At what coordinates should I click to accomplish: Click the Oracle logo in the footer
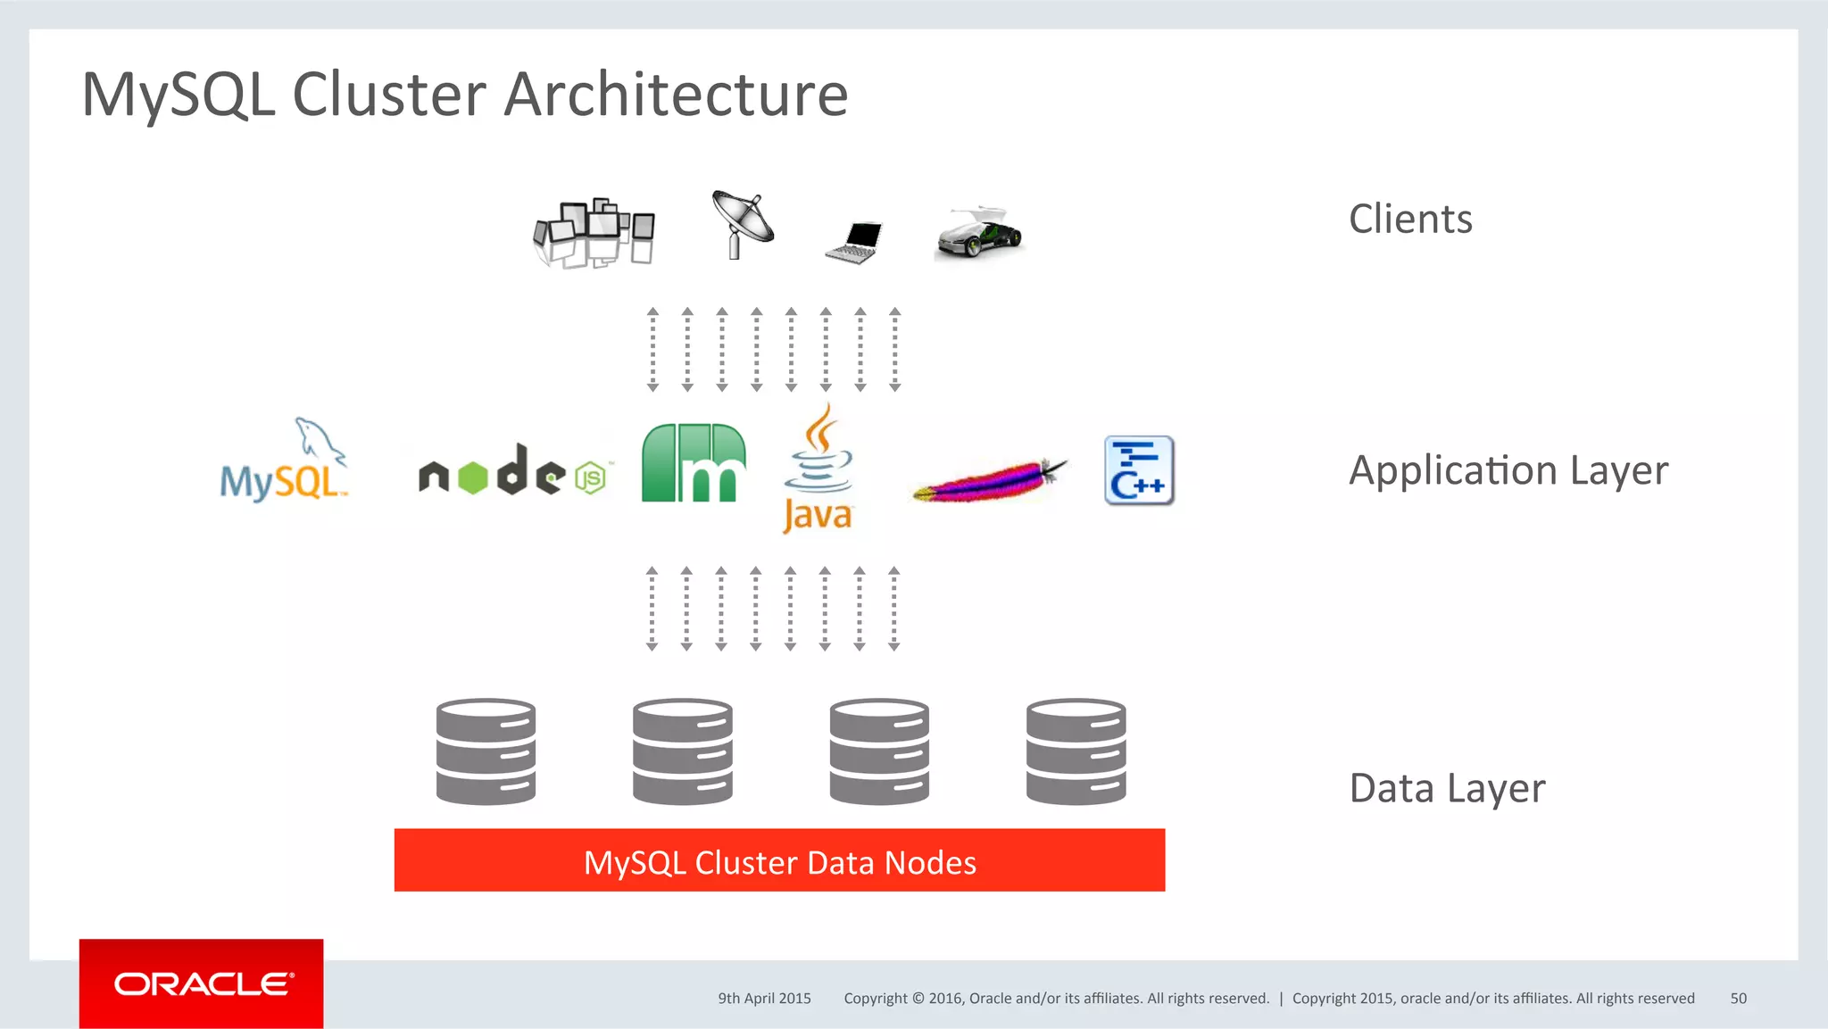point(202,983)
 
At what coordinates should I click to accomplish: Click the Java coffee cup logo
point(818,469)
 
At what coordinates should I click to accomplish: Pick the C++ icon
point(1139,470)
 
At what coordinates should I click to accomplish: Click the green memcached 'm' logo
point(694,463)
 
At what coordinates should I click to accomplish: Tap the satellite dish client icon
point(743,223)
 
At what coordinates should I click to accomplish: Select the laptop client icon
point(855,242)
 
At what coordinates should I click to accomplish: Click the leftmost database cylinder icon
point(486,751)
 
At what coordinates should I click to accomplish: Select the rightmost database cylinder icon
point(1076,751)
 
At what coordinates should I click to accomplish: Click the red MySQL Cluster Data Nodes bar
point(779,860)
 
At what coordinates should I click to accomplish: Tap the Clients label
point(1410,220)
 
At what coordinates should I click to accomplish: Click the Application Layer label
point(1508,470)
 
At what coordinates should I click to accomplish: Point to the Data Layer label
point(1447,789)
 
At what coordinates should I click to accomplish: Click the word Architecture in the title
point(676,95)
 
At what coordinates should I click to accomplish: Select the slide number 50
point(1738,999)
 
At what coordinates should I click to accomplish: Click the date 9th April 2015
point(764,999)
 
